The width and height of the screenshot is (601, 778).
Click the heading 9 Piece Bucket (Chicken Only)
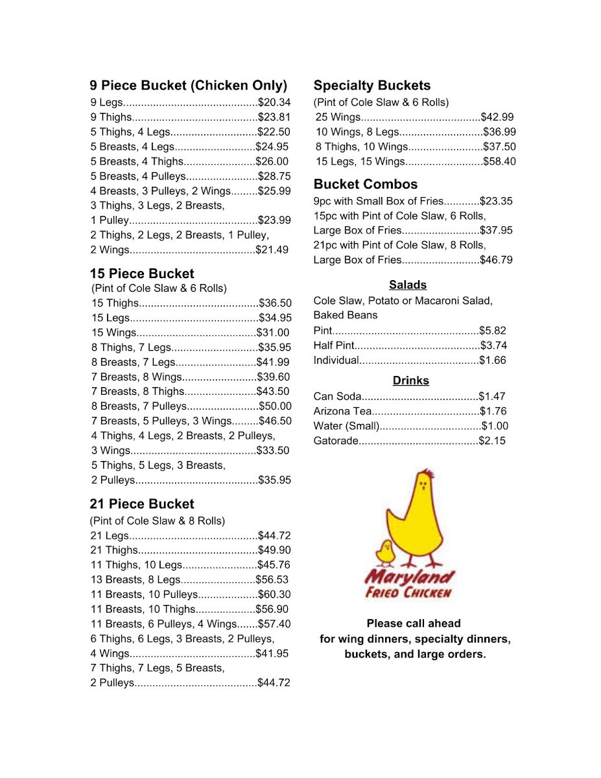tap(188, 86)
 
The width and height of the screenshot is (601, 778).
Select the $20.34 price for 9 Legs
tap(274, 102)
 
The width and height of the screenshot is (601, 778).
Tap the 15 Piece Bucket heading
tap(142, 274)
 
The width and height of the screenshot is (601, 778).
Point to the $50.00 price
tap(275, 407)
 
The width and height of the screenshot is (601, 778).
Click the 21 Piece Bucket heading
tap(142, 504)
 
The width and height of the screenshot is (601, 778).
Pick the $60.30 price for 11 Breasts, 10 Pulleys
tap(274, 595)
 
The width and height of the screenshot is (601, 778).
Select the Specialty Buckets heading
tap(371, 86)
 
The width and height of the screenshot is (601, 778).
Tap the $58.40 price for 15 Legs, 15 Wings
tap(499, 161)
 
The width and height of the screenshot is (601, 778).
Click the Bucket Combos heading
tap(366, 184)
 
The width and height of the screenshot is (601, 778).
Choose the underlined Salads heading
tap(408, 285)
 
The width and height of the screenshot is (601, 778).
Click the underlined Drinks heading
tap(411, 381)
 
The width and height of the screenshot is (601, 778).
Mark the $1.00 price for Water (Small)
tap(495, 426)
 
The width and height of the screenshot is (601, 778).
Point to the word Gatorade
tap(336, 441)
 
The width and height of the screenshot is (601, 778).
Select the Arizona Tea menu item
tap(342, 411)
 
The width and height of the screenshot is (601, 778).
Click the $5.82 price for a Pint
tap(493, 330)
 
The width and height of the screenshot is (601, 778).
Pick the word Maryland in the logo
tap(409, 576)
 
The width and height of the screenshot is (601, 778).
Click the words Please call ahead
tap(414, 624)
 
